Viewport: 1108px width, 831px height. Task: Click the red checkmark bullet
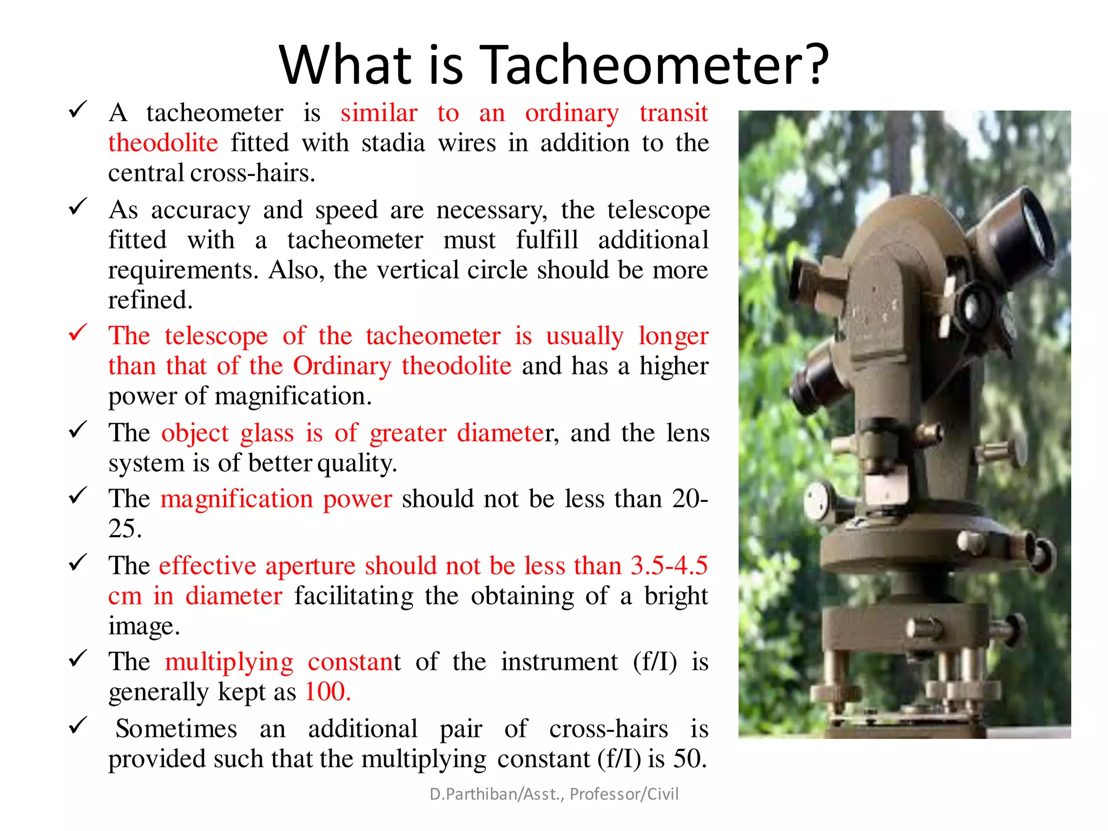pyautogui.click(x=78, y=332)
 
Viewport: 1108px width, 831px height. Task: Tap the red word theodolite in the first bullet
pyautogui.click(x=163, y=143)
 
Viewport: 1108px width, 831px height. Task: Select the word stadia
pyautogui.click(x=393, y=143)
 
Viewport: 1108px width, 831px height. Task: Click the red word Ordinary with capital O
pyautogui.click(x=342, y=366)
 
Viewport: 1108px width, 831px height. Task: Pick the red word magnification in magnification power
pyautogui.click(x=236, y=499)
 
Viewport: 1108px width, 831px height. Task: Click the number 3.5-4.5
pyautogui.click(x=669, y=566)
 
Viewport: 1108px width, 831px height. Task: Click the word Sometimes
pyautogui.click(x=176, y=729)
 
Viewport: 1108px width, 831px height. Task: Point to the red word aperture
pyautogui.click(x=310, y=566)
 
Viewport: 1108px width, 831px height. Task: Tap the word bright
pyautogui.click(x=676, y=596)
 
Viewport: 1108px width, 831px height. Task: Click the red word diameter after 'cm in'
pyautogui.click(x=234, y=596)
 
